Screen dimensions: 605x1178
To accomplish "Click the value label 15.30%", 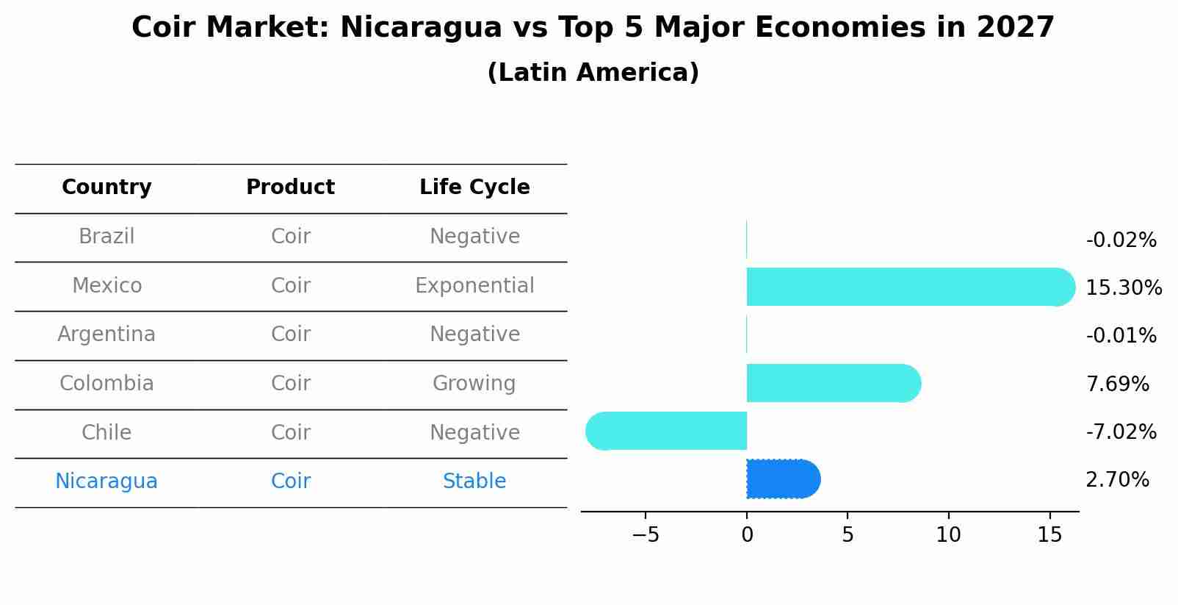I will point(1123,288).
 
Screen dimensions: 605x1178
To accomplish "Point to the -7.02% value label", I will point(1121,432).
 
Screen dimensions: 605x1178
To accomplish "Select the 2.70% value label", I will point(1117,480).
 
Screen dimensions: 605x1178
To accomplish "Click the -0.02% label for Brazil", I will point(1121,240).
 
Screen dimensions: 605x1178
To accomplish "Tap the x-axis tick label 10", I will point(948,535).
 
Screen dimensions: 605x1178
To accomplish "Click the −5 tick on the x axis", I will point(646,535).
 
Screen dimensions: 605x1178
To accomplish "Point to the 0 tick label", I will point(747,535).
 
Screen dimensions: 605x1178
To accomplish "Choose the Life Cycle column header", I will point(474,187).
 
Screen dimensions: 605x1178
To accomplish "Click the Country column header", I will point(106,187).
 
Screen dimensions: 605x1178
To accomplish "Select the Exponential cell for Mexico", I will point(474,286).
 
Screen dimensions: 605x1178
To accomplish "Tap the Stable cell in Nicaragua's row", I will point(474,482).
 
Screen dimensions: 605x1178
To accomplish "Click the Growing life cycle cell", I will point(474,384).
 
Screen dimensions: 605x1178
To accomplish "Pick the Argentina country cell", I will point(106,334).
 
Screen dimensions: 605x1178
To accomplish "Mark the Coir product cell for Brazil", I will point(290,237).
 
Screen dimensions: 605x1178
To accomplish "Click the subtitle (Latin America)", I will point(593,73).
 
